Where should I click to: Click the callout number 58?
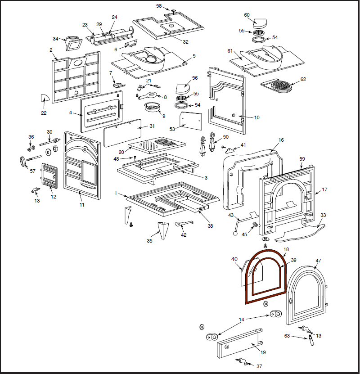point(159,6)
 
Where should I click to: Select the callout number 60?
point(247,15)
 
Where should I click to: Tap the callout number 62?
point(303,79)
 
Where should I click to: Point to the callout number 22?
point(44,113)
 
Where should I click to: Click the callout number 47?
point(319,261)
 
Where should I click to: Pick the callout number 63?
point(287,335)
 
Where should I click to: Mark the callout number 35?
point(150,241)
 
